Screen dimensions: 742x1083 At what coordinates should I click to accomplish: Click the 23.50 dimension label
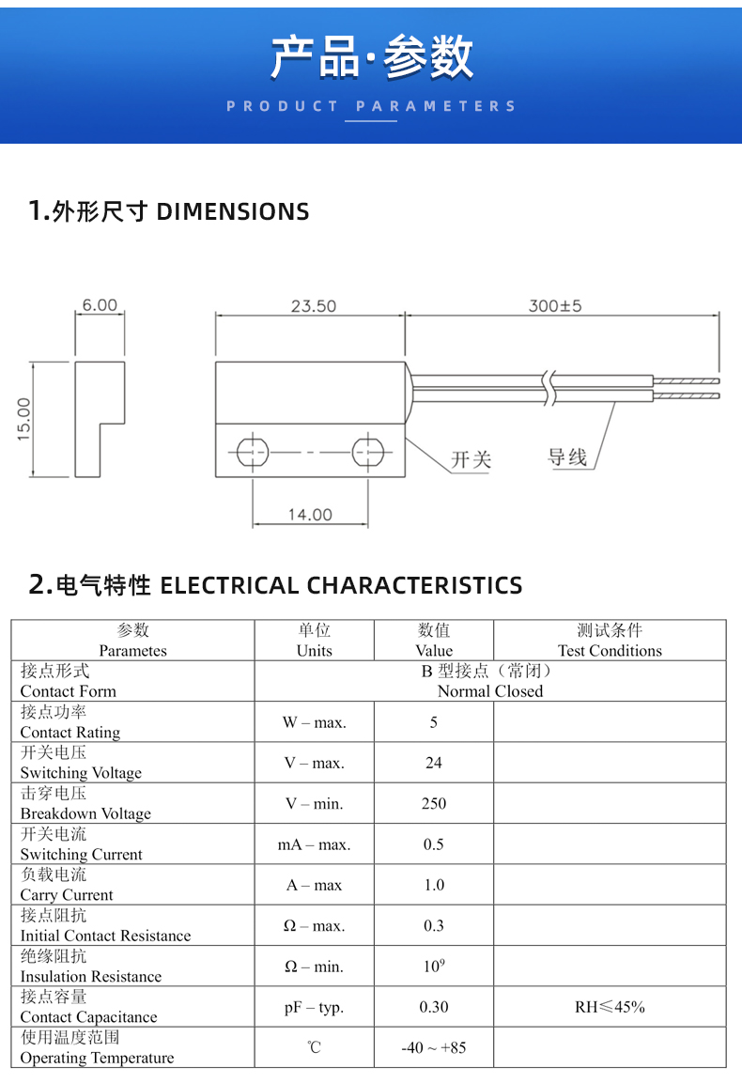[x=313, y=306]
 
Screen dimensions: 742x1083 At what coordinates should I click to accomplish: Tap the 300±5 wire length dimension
[x=555, y=306]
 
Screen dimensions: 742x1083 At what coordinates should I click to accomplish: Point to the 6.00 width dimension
[x=100, y=304]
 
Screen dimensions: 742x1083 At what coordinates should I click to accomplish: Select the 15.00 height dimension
[x=24, y=419]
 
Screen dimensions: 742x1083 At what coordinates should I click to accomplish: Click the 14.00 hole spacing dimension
[x=310, y=515]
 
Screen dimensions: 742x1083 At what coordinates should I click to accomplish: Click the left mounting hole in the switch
[x=252, y=453]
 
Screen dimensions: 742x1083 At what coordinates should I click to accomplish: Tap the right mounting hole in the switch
[x=367, y=453]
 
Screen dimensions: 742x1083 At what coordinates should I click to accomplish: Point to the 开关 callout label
[x=471, y=459]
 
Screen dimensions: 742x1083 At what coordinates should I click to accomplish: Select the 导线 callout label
[x=567, y=456]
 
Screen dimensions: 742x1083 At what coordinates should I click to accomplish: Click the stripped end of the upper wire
[x=686, y=380]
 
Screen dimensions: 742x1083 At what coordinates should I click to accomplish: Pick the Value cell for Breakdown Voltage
[x=434, y=803]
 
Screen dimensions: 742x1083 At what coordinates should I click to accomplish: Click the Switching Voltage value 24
[x=434, y=763]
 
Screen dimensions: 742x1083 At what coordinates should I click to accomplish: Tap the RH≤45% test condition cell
[x=611, y=1007]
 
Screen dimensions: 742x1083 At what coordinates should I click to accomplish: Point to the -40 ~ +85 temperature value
[x=434, y=1047]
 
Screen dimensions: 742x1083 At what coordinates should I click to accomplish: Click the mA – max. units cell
[x=315, y=844]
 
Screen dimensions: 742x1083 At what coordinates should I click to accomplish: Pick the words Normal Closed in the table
[x=490, y=691]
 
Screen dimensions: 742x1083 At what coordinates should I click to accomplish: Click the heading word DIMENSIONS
[x=234, y=211]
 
